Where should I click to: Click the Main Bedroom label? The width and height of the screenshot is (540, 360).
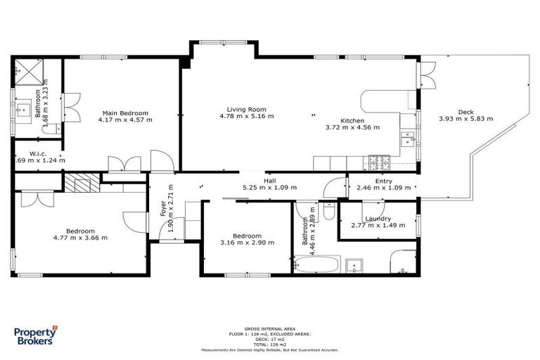[126, 113]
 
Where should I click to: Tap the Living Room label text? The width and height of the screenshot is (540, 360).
[245, 109]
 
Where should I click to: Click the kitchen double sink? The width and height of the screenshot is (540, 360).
[407, 139]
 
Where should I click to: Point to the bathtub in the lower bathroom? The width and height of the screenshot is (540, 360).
[316, 265]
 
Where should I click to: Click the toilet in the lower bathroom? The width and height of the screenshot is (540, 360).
[330, 211]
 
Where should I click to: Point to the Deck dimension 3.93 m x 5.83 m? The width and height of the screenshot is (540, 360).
[465, 119]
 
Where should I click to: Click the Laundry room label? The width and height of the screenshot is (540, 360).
[378, 219]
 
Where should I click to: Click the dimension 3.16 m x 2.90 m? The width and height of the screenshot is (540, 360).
[247, 243]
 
